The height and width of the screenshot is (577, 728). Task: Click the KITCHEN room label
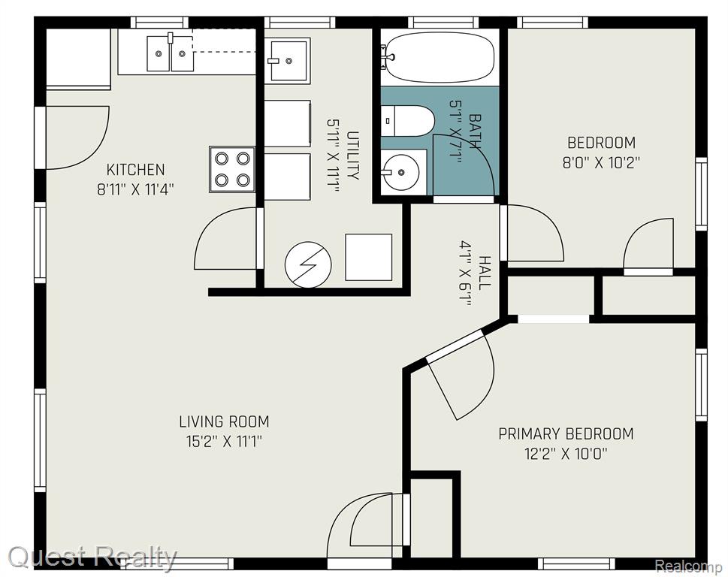(x=135, y=170)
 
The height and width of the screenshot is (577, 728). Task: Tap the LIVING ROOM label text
(x=224, y=421)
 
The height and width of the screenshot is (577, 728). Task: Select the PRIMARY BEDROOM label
(x=566, y=434)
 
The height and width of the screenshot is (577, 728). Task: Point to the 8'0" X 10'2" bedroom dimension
(x=601, y=163)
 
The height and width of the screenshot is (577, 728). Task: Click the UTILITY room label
(x=353, y=156)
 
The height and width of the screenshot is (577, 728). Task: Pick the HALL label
(x=485, y=273)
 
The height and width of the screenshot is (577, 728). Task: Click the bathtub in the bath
(x=440, y=57)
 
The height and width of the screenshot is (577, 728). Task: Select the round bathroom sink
(x=403, y=172)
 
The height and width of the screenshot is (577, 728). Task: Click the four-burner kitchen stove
(x=232, y=170)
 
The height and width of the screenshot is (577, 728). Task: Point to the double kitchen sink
(x=170, y=53)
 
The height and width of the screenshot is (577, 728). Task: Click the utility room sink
(x=288, y=60)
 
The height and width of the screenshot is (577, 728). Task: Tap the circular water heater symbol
(x=308, y=264)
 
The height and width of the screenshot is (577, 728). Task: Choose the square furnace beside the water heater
(x=369, y=257)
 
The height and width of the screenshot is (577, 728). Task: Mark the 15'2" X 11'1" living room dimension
(x=224, y=441)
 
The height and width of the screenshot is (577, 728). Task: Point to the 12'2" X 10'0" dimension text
(x=566, y=453)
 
